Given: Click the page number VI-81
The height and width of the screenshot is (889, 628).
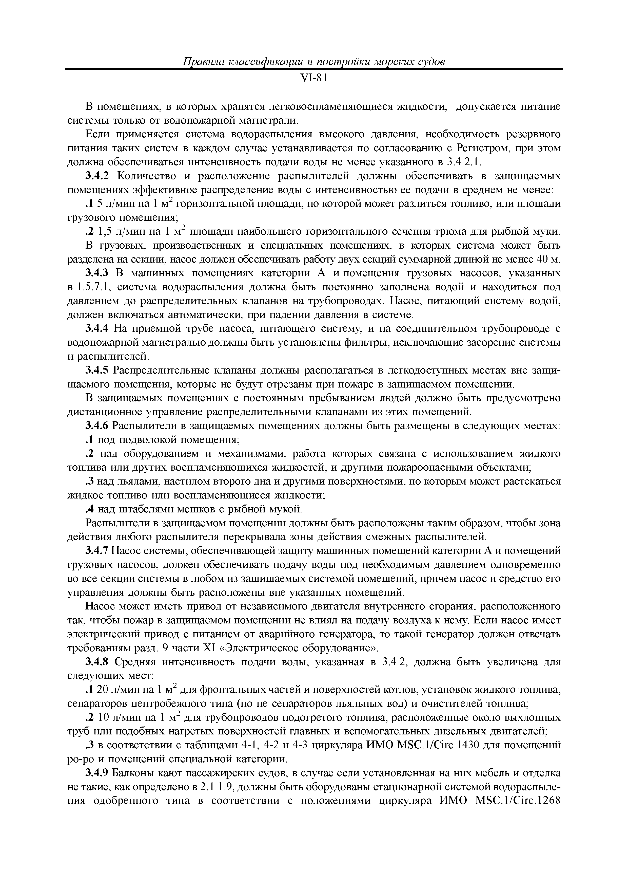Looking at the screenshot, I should [x=314, y=79].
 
